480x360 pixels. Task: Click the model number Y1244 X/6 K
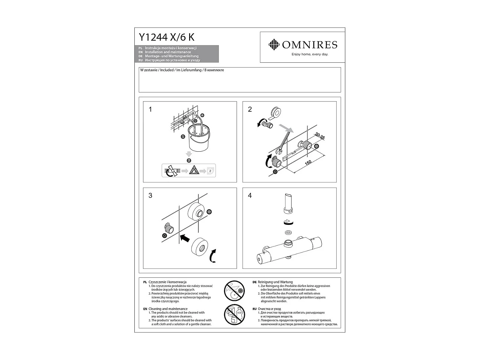[x=166, y=37]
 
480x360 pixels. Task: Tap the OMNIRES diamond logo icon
[x=274, y=45]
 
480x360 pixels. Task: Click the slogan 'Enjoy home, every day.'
[x=310, y=54]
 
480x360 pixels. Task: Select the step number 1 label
[x=150, y=109]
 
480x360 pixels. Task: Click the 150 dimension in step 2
[x=308, y=163]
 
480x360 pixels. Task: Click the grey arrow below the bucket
[x=189, y=154]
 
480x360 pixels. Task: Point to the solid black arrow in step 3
[x=184, y=238]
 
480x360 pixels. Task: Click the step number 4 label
[x=250, y=196]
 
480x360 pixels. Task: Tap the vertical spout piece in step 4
[x=288, y=203]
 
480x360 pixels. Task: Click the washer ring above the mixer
[x=288, y=232]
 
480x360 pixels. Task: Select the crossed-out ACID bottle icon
[x=234, y=315]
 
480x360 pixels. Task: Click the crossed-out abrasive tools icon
[x=234, y=291]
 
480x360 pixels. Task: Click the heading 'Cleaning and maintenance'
[x=168, y=309]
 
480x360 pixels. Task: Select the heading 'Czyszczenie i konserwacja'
[x=167, y=282]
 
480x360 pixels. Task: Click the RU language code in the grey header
[x=140, y=60]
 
